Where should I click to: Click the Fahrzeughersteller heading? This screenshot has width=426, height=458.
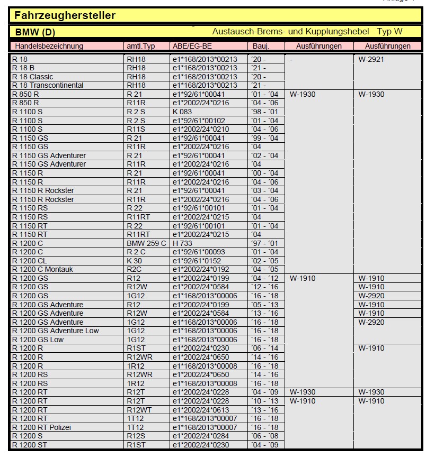[x=65, y=15]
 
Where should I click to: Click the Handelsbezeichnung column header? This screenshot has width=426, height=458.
[x=49, y=46]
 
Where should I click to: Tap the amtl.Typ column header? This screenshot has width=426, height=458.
[x=140, y=46]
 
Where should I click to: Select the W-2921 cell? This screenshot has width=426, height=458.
[x=371, y=59]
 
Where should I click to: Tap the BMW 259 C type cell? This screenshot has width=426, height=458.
[x=146, y=243]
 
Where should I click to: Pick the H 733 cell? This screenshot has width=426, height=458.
[x=183, y=243]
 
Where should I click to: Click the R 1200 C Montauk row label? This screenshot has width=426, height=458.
[x=42, y=269]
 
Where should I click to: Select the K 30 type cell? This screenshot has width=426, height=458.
[x=134, y=261]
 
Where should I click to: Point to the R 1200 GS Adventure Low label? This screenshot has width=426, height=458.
[x=56, y=331]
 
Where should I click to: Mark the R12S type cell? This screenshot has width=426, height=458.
[x=136, y=436]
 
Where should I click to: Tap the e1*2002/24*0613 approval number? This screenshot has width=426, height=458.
[x=201, y=409]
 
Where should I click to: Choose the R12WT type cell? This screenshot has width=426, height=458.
[x=139, y=409]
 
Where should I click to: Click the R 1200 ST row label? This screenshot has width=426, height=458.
[x=30, y=445]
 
